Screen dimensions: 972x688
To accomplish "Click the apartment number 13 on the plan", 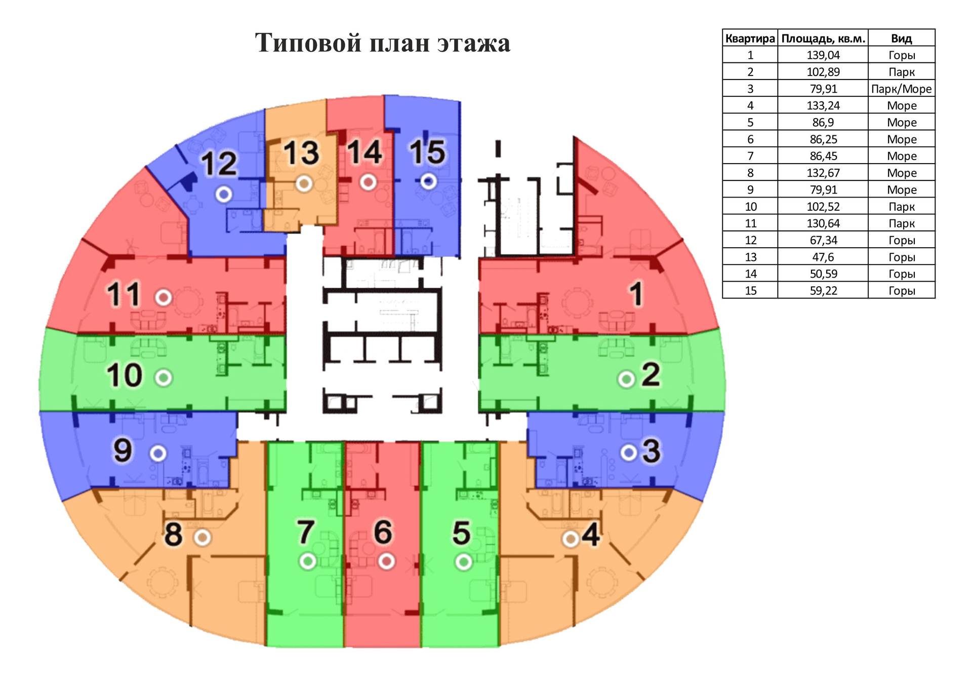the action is (x=301, y=152).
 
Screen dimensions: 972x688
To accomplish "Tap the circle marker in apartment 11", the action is (x=164, y=297).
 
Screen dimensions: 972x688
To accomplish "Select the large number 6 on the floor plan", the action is (x=383, y=532).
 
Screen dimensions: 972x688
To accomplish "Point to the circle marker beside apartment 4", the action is (x=571, y=539).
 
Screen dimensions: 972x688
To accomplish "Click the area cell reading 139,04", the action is (x=823, y=55).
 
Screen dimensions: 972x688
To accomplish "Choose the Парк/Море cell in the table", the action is (x=901, y=89).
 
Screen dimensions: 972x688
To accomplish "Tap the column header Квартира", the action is (x=750, y=39).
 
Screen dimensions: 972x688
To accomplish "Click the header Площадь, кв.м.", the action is (x=823, y=39).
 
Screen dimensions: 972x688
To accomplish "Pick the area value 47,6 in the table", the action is (x=823, y=257).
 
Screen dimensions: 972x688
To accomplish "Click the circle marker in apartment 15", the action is (x=429, y=181).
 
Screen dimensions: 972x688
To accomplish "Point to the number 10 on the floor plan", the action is (x=125, y=375).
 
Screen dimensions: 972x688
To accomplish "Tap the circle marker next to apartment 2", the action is (x=626, y=379).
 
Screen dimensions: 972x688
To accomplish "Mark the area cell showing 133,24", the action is (x=823, y=105).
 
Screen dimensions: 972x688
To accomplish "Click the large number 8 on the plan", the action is (x=173, y=534).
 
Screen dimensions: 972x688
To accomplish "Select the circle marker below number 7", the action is (x=308, y=561).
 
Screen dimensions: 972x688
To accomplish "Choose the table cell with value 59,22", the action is (x=823, y=290).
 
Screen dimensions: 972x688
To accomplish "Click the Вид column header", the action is (x=901, y=39).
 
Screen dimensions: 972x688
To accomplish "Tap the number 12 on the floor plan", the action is (x=219, y=163).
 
